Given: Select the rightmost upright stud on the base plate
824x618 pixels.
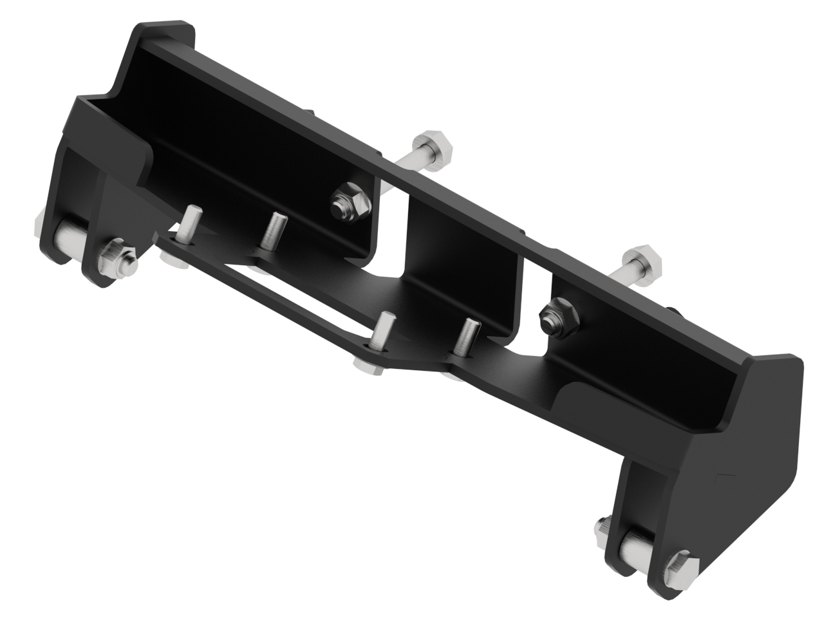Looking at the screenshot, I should click(x=464, y=336).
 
